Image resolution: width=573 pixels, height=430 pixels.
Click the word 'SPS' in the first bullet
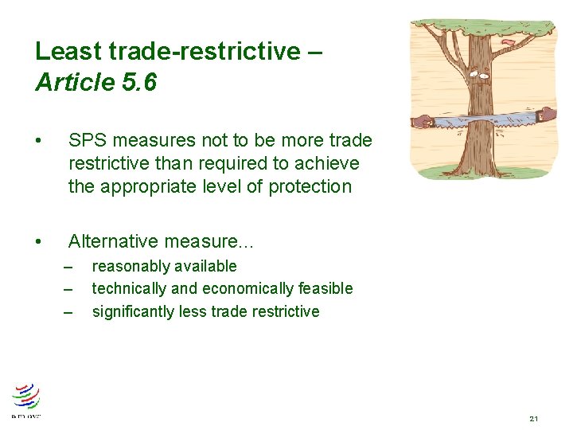click(86, 141)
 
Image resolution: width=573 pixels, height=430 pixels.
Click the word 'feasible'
click(325, 289)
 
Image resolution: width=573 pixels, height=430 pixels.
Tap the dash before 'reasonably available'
click(68, 267)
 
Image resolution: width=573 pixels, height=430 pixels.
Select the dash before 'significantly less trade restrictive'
click(68, 311)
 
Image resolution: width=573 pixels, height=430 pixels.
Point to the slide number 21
click(533, 418)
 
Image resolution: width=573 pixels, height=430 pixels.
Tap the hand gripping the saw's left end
click(421, 122)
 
